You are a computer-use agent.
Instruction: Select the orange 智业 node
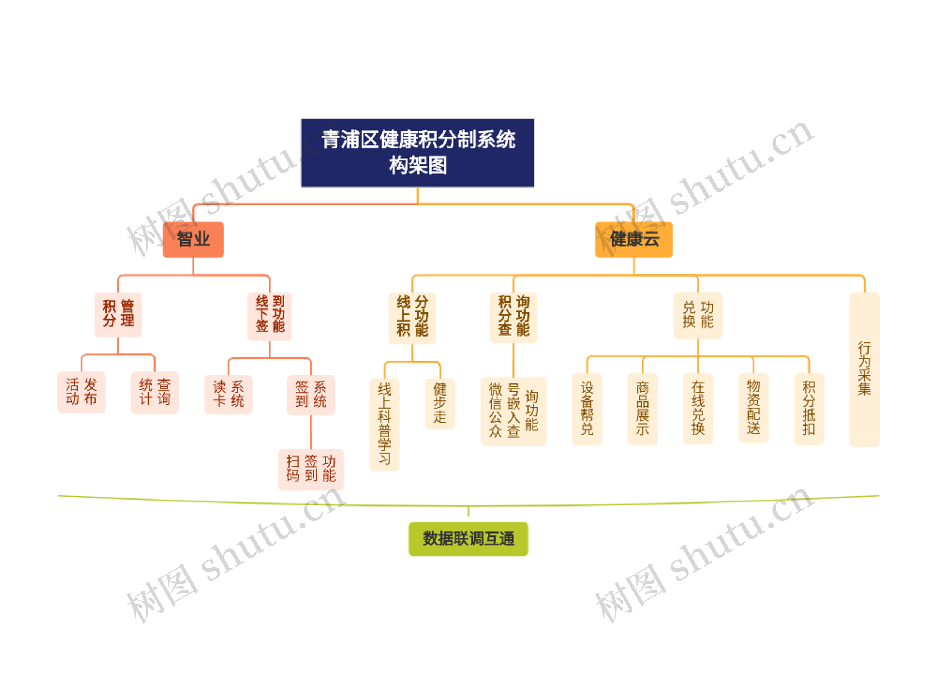[x=193, y=239]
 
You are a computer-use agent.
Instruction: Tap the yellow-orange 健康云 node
[x=633, y=239]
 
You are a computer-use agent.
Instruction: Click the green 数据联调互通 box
[x=468, y=539]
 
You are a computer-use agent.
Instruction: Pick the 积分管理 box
[x=118, y=315]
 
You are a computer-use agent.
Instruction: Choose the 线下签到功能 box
[x=270, y=316]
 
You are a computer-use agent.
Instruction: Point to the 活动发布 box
[x=81, y=392]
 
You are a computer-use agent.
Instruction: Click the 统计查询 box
[x=154, y=392]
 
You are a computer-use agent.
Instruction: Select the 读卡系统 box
[x=228, y=394]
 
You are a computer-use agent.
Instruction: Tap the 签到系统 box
[x=311, y=394]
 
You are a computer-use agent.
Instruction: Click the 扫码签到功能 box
[x=311, y=469]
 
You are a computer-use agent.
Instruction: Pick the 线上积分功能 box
[x=412, y=318]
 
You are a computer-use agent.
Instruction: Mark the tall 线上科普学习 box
[x=384, y=424]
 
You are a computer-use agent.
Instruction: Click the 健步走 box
[x=440, y=404]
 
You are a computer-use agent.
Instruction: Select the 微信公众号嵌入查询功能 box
[x=513, y=411]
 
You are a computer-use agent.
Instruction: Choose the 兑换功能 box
[x=698, y=315]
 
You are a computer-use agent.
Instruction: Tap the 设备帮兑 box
[x=587, y=408]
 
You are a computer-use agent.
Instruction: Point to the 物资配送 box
[x=753, y=408]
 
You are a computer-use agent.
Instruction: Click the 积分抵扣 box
[x=809, y=408]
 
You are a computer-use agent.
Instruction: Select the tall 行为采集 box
[x=864, y=369]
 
